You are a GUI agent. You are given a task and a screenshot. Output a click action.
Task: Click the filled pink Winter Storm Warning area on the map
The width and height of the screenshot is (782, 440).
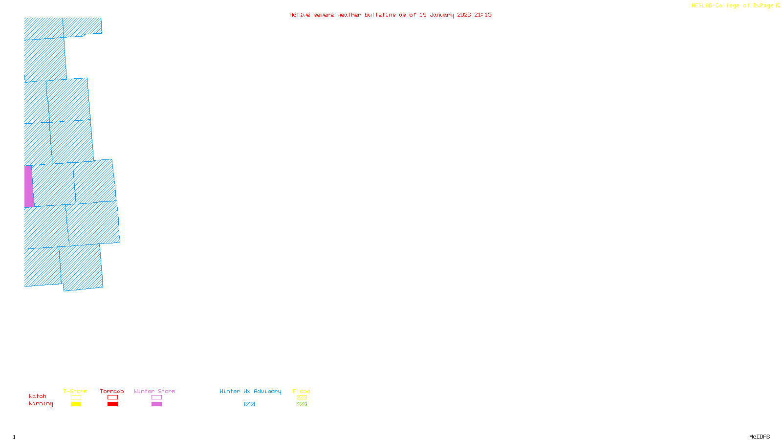point(29,186)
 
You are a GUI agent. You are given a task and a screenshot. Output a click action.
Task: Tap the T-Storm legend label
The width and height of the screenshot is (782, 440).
point(75,391)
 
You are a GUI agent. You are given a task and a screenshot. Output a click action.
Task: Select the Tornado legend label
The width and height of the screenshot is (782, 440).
point(112,391)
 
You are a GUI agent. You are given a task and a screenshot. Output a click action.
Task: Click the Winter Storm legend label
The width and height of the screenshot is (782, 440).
point(154,391)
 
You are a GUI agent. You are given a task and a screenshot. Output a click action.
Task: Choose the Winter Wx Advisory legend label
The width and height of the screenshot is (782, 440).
point(250,391)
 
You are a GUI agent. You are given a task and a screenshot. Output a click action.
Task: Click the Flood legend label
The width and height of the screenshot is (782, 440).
point(302,391)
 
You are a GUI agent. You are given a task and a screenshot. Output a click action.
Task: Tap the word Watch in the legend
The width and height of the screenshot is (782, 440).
point(38,396)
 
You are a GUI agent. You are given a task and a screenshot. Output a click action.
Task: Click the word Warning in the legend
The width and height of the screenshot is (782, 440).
point(41,404)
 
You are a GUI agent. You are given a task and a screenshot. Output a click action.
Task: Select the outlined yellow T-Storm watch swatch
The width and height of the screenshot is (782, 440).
point(76,397)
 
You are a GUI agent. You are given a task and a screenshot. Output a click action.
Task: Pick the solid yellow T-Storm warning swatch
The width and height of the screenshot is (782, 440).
point(76,404)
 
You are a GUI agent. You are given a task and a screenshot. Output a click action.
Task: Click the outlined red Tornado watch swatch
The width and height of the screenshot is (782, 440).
point(112,397)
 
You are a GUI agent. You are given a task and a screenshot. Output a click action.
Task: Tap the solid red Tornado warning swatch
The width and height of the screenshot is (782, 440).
point(112,404)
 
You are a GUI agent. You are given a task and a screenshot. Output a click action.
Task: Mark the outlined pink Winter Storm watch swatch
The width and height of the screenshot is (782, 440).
point(156,397)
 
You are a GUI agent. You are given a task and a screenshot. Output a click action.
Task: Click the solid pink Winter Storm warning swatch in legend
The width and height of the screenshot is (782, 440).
point(156,404)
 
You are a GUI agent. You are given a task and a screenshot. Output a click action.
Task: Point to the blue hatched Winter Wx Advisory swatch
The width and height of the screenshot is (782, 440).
point(249,404)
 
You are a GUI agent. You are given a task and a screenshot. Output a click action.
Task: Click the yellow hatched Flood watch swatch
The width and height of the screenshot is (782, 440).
point(302,397)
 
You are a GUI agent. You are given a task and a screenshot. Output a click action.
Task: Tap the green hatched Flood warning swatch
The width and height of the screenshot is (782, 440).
point(302,404)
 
